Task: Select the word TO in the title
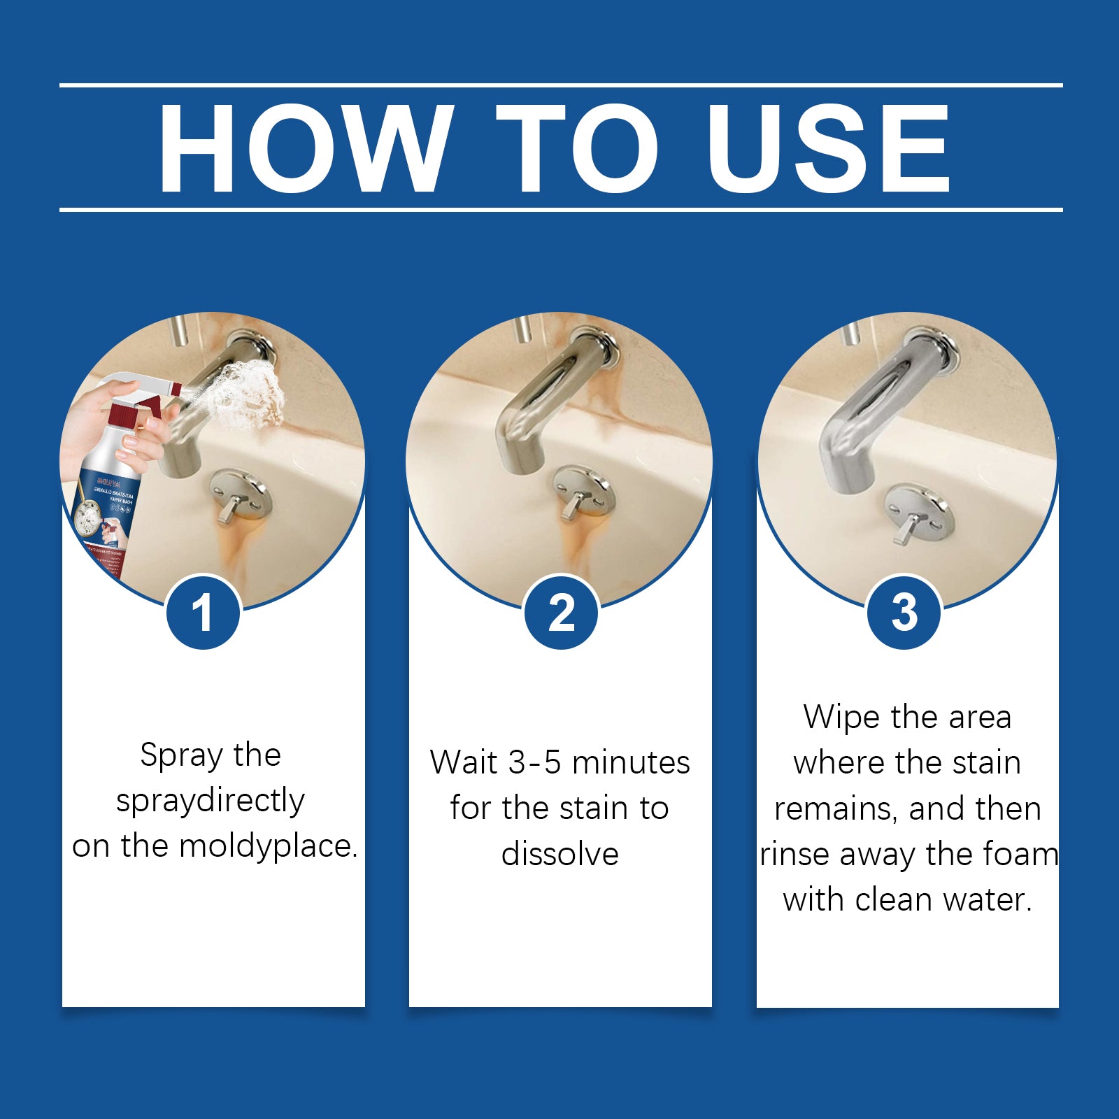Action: pos(578,148)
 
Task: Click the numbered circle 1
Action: pos(203,613)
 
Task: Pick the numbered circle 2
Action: pos(561,613)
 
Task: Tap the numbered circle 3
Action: pos(904,613)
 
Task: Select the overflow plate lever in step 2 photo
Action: pos(575,504)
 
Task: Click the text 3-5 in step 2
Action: pos(534,762)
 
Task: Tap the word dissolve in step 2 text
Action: pos(559,855)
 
